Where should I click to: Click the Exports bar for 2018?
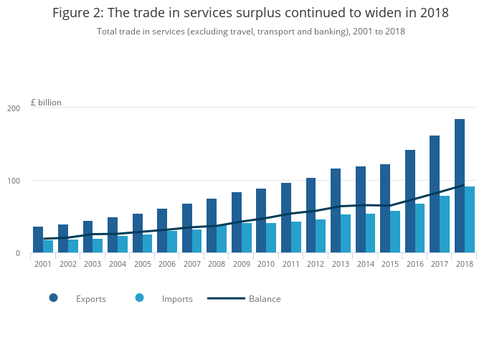(460, 186)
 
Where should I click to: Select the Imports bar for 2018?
(470, 219)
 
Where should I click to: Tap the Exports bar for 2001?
(38, 240)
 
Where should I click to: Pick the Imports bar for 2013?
(346, 233)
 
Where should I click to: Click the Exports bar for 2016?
(410, 201)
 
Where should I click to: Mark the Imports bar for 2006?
(172, 242)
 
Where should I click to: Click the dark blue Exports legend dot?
(53, 298)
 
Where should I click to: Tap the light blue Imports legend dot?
(139, 298)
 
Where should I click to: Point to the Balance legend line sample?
(226, 298)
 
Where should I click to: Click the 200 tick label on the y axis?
(14, 108)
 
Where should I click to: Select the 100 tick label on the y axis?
(14, 181)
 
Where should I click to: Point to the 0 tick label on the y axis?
(17, 253)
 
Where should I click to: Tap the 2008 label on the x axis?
(216, 264)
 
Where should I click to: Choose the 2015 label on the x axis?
(389, 264)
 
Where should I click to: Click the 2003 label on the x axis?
(93, 264)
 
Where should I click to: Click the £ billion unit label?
(46, 103)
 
